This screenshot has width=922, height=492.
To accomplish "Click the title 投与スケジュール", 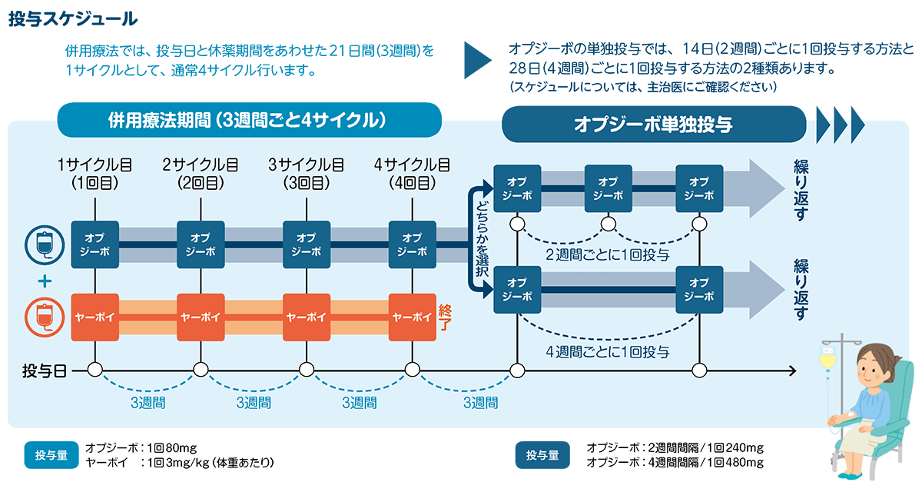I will pyautogui.click(x=74, y=19).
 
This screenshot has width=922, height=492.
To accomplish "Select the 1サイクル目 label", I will pyautogui.click(x=94, y=174).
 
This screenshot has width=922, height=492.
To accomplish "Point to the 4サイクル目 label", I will pyautogui.click(x=412, y=174).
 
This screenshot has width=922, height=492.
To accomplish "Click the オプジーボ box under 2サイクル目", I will pyautogui.click(x=201, y=244).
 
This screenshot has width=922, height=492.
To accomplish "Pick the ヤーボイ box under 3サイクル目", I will pyautogui.click(x=307, y=317).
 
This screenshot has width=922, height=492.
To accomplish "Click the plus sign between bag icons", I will pyautogui.click(x=44, y=281).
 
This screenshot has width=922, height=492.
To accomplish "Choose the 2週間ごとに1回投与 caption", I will pyautogui.click(x=607, y=254).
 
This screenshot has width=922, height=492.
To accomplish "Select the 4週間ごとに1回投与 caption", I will pyautogui.click(x=607, y=351).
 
